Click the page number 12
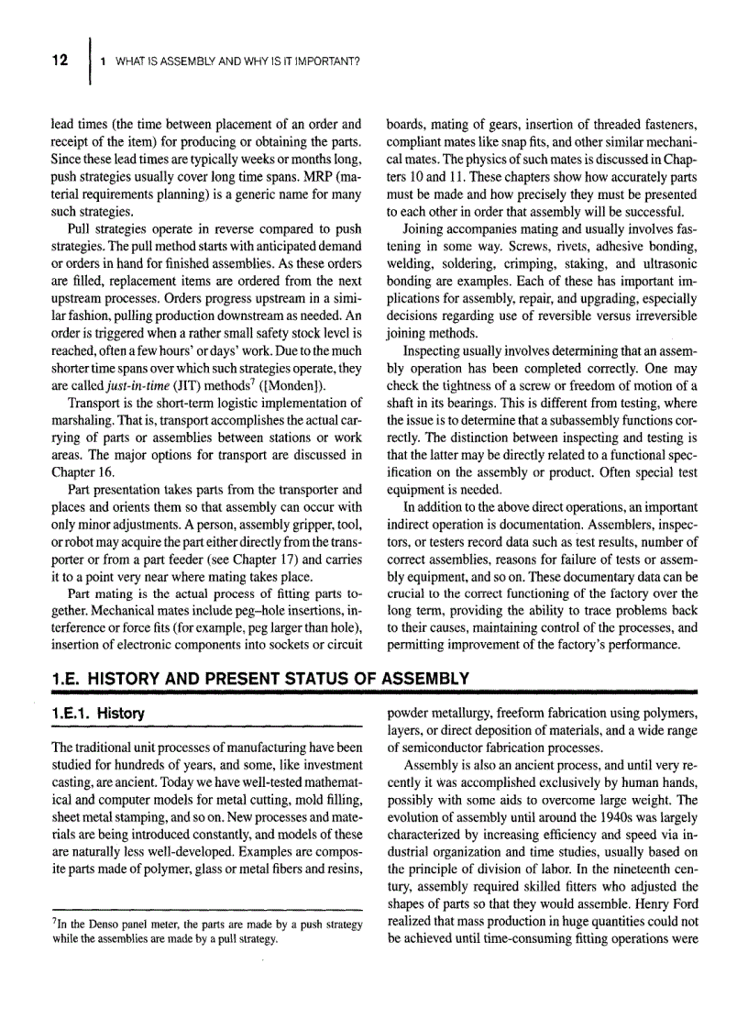point(60,61)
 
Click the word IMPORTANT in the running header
point(325,61)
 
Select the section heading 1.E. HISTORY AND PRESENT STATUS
point(260,680)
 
